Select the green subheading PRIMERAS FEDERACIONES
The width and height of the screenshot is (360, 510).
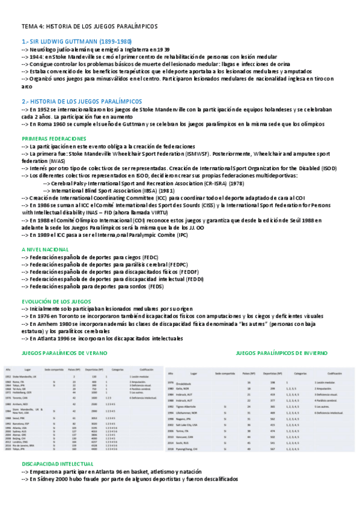[x=55, y=138]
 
